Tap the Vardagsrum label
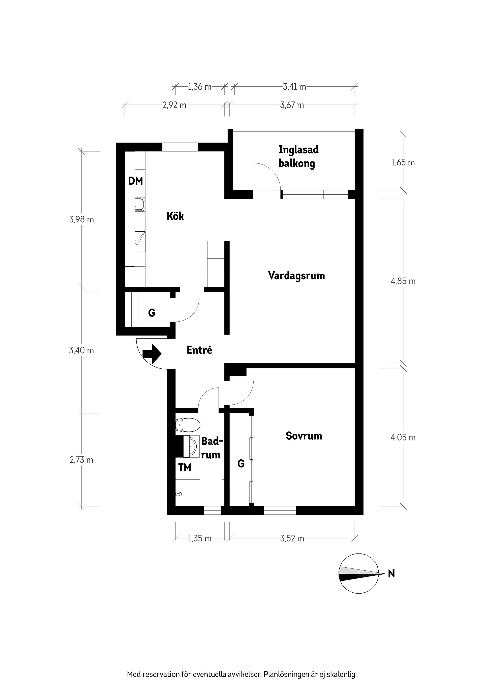tap(296, 276)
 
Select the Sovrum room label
tap(304, 436)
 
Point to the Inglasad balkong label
tap(298, 157)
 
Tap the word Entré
tap(199, 350)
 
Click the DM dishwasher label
tap(135, 181)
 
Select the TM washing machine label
tap(185, 468)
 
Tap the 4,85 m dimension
tap(403, 281)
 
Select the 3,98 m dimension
tap(81, 220)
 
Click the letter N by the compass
tap(391, 573)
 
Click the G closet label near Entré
tap(152, 313)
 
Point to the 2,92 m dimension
tap(174, 105)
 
